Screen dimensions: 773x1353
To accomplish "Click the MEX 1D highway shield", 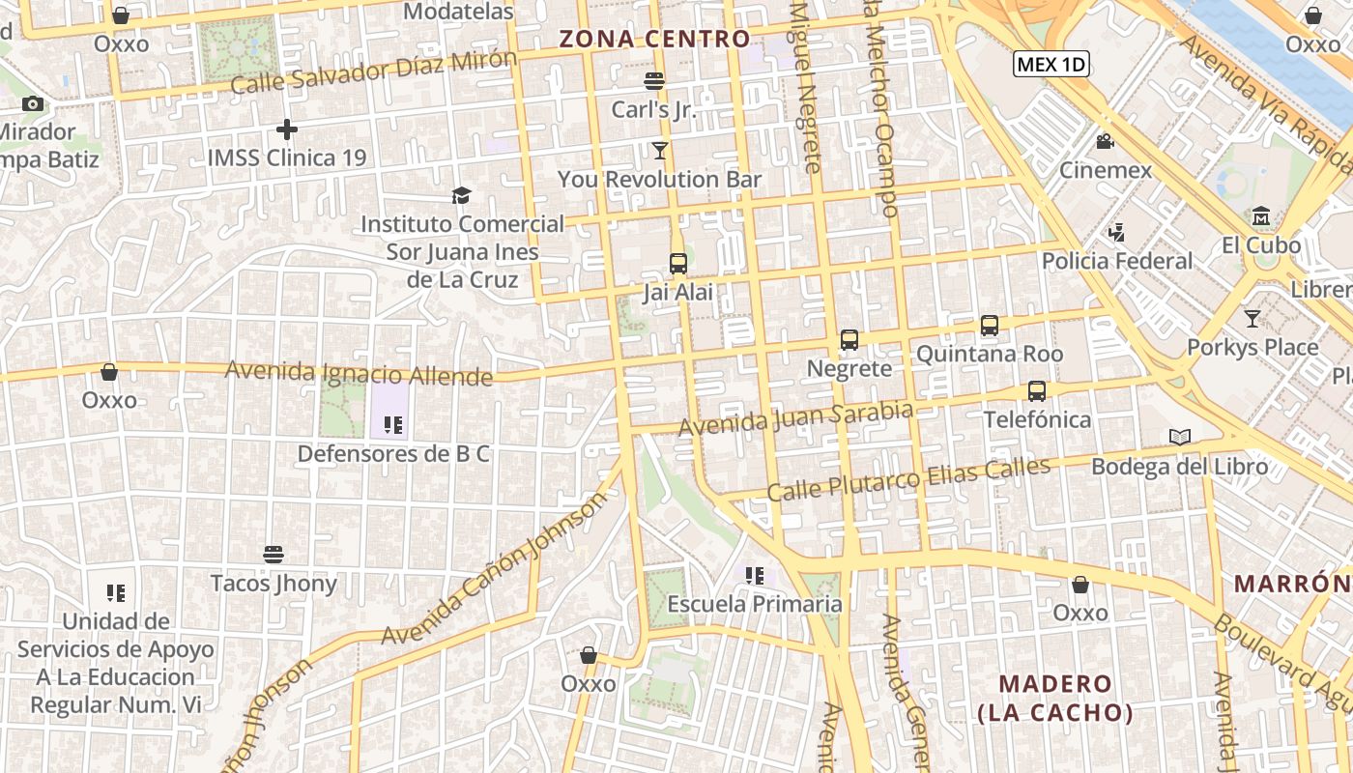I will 1051,65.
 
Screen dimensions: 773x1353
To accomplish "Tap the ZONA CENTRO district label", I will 654,39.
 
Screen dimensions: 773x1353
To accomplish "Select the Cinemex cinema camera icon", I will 1105,142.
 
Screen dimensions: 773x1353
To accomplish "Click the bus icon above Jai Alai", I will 678,263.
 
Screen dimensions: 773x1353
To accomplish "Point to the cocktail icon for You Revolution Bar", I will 660,150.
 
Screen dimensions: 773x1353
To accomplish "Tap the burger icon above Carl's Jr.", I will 654,80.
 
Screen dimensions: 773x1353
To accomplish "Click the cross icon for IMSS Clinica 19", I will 287,129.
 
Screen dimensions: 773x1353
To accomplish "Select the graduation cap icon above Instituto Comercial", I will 461,195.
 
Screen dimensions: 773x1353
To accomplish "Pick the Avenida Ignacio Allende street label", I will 359,373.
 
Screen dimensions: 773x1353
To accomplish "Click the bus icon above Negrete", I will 849,339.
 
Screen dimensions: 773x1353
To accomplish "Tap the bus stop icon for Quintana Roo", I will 990,326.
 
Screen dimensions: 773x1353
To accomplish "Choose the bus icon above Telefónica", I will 1037,391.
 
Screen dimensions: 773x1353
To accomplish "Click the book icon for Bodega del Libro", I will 1179,437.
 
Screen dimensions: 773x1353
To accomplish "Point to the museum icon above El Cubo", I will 1261,215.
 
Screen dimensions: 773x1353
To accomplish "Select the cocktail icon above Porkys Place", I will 1252,318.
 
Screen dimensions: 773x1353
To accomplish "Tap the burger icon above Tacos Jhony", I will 273,554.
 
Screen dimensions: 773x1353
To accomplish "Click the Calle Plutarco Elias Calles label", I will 908,480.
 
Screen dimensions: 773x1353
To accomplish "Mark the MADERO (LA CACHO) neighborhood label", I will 1054,699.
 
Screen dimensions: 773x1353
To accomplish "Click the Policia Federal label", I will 1117,261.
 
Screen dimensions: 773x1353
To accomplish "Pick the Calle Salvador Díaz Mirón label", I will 374,72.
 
